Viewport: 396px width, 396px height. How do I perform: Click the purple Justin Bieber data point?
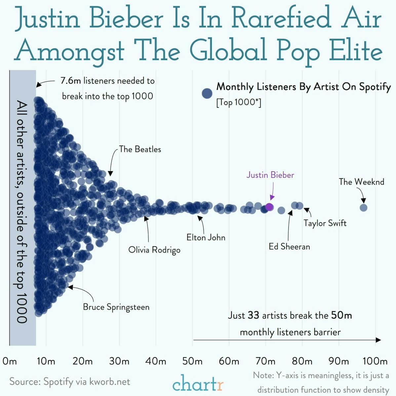(x=269, y=207)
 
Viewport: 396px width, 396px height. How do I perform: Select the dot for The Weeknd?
(x=363, y=208)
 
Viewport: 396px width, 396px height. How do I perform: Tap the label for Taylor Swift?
(x=325, y=223)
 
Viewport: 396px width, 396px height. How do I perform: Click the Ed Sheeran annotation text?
(x=289, y=247)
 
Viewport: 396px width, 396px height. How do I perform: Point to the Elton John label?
(x=206, y=237)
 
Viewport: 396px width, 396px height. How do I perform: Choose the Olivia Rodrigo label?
(x=154, y=250)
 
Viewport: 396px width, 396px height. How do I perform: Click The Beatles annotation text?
(x=140, y=149)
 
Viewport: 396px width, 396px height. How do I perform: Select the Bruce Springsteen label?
(x=116, y=307)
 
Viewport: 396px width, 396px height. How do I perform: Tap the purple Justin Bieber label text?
(x=270, y=175)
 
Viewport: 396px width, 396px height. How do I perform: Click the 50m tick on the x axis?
(x=192, y=361)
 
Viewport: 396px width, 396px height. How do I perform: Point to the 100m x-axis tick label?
(x=375, y=361)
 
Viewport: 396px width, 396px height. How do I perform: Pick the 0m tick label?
(x=10, y=361)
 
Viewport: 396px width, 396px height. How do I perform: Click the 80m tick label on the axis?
(x=302, y=361)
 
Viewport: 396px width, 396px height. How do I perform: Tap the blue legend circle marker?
(x=207, y=94)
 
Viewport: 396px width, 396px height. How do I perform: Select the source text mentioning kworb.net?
(x=70, y=382)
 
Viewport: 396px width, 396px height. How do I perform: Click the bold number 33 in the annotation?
(x=253, y=315)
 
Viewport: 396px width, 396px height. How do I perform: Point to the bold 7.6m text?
(x=71, y=81)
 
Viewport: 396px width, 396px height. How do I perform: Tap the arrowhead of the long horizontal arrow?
(x=378, y=340)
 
